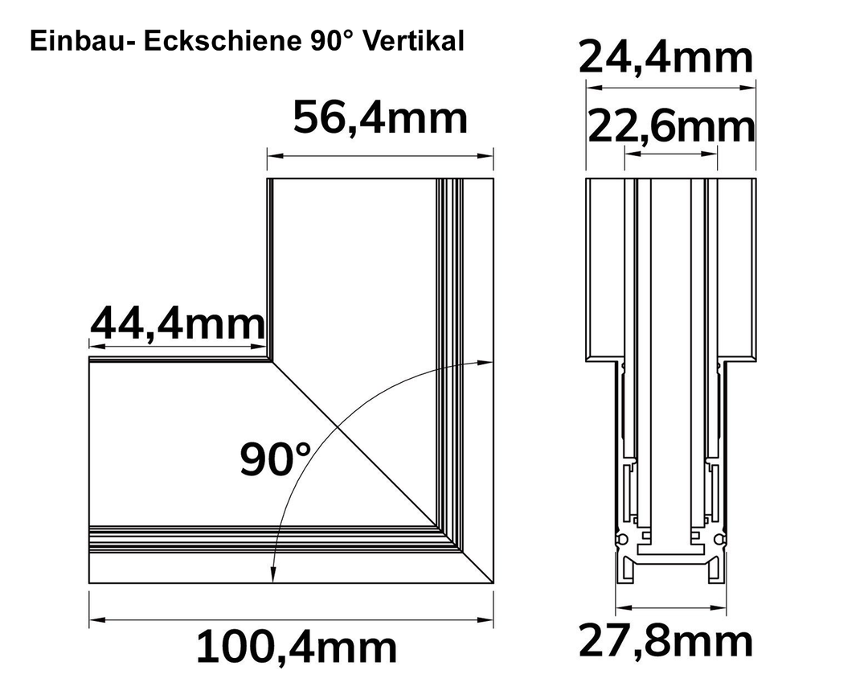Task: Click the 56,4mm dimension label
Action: pyautogui.click(x=380, y=118)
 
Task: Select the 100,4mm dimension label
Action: pyautogui.click(x=297, y=647)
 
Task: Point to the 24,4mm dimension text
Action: pyautogui.click(x=666, y=58)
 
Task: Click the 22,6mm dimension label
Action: pyautogui.click(x=671, y=127)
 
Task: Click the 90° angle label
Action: pyautogui.click(x=275, y=459)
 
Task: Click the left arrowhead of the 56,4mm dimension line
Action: pyautogui.click(x=275, y=157)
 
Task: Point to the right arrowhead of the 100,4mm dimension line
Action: pyautogui.click(x=485, y=619)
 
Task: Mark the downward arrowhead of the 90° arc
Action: pyautogui.click(x=272, y=575)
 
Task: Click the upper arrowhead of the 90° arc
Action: pyautogui.click(x=485, y=362)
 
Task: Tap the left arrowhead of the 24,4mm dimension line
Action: pyautogui.click(x=594, y=87)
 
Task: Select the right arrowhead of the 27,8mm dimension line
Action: pyautogui.click(x=719, y=607)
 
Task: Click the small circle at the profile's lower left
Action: pyautogui.click(x=622, y=539)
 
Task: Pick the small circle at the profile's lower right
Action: pyautogui.click(x=719, y=539)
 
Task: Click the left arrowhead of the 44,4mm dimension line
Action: pyautogui.click(x=97, y=347)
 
